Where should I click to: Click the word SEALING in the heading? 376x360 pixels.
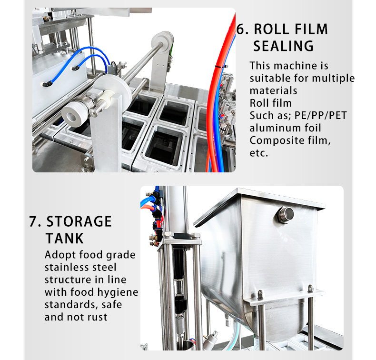pos(283,46)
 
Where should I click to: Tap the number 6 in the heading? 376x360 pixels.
pos(240,29)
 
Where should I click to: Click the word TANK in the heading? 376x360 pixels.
pos(65,239)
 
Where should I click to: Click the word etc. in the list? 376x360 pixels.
pos(259,153)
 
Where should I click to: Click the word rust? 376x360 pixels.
pos(98,317)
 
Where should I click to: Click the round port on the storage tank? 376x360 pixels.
pos(286,215)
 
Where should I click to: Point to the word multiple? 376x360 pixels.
pos(333,79)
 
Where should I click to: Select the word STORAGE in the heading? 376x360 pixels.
pos(79,221)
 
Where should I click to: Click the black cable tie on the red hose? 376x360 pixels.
pos(220,66)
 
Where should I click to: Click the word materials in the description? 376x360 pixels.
pos(273,91)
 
